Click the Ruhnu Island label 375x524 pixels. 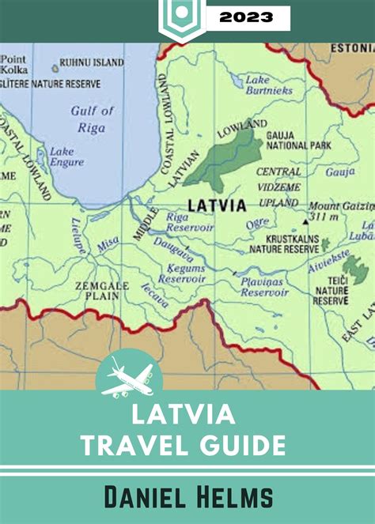click(92, 62)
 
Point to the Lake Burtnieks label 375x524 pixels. click(268, 85)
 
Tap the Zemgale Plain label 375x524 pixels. click(97, 291)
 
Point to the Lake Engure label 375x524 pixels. click(66, 156)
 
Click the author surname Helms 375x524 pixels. click(229, 497)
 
